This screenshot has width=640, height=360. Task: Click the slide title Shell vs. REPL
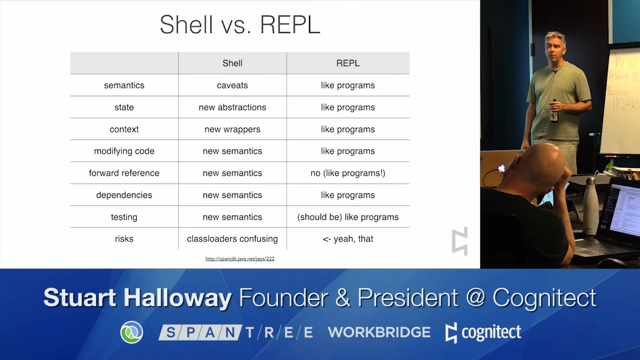coord(239,25)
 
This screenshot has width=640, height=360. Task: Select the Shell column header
coord(232,63)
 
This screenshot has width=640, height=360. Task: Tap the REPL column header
coord(347,63)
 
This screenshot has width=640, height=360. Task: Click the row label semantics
coord(124,85)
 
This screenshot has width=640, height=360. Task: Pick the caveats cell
coord(232,85)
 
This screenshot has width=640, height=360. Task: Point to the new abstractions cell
coord(232,107)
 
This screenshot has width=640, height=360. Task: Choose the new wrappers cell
coord(232,129)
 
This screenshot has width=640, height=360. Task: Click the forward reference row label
coord(124,173)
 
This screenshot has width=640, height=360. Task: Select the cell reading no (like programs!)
coord(347,173)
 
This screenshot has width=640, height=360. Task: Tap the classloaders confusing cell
coord(232,239)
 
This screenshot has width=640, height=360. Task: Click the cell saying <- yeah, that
coord(347,239)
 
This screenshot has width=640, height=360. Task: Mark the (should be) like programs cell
coord(347,217)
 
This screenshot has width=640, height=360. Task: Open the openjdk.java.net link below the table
coord(239,258)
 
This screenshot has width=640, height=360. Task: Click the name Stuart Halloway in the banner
coord(137,298)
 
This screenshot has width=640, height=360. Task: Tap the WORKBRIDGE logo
coord(379,332)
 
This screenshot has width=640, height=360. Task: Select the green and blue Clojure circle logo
coord(131,332)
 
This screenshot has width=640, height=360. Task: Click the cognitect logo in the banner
coord(483,332)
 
